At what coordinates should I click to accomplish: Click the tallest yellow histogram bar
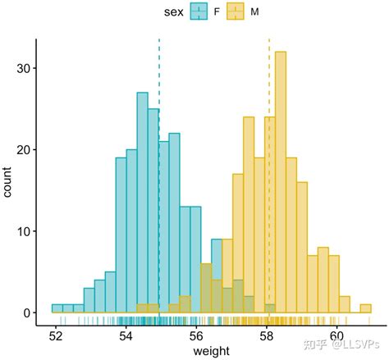[281, 180]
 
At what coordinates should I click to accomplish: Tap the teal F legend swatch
[198, 12]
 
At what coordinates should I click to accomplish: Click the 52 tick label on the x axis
[56, 336]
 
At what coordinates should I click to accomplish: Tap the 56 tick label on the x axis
[196, 336]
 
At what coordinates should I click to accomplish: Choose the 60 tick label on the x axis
[337, 336]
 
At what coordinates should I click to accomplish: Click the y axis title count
[8, 182]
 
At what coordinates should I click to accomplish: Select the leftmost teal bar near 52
[57, 308]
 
